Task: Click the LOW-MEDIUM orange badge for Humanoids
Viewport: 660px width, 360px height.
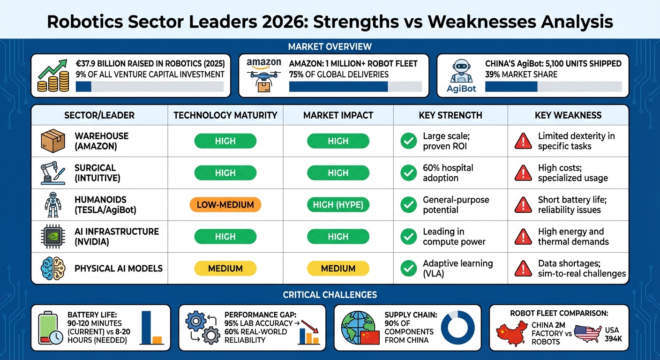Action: (225, 205)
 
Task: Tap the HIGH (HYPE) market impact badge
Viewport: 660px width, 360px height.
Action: (338, 205)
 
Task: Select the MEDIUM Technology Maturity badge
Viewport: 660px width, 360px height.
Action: (225, 269)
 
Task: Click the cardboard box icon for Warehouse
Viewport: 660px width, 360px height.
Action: (53, 141)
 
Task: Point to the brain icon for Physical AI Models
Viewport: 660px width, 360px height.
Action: (53, 269)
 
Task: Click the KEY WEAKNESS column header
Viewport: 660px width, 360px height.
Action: (568, 115)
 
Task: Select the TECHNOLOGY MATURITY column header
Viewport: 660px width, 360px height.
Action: (225, 115)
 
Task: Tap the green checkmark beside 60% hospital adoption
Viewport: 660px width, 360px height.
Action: (408, 173)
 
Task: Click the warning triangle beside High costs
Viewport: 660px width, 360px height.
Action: (523, 173)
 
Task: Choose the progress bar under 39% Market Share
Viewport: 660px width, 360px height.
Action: (553, 87)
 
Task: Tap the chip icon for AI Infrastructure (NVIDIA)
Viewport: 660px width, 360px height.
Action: (53, 237)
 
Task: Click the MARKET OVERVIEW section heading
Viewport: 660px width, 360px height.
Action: (330, 46)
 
